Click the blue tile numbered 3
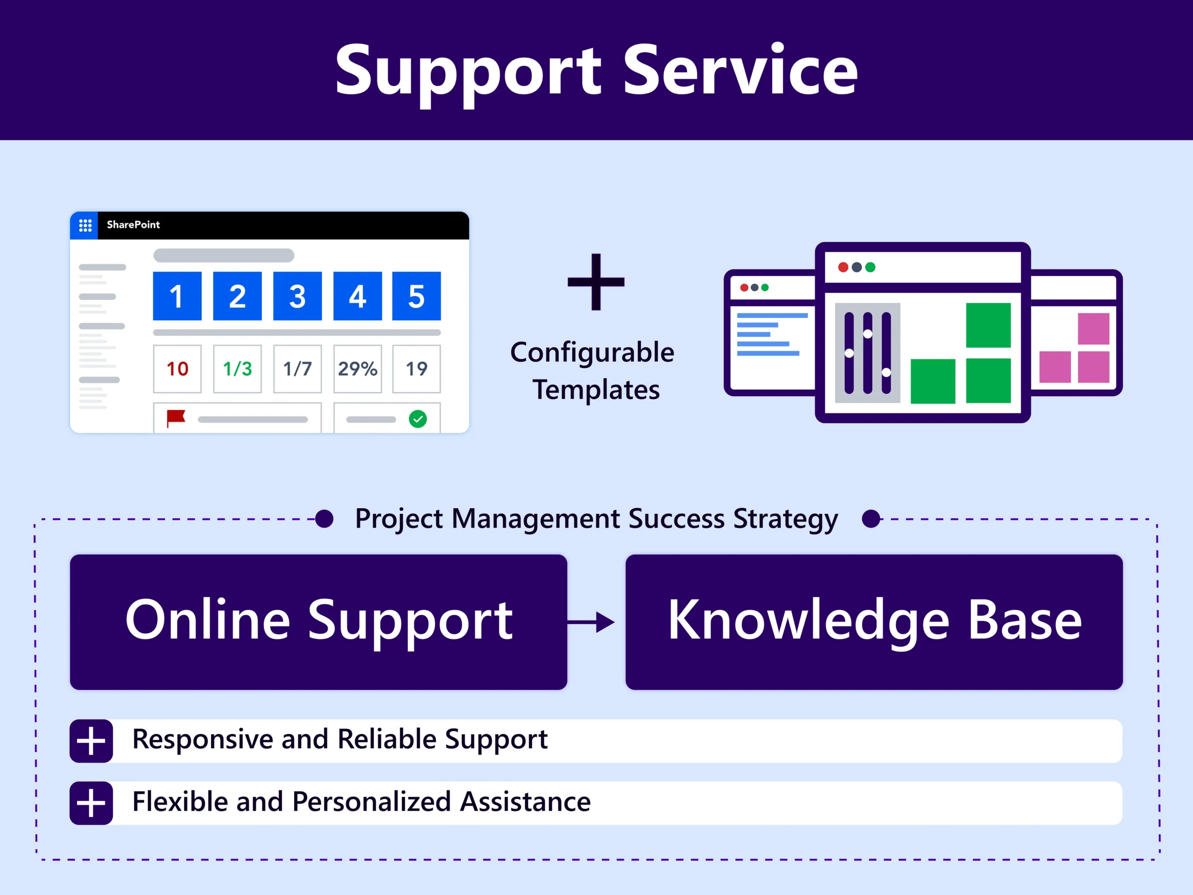pos(297,296)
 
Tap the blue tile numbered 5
pos(416,296)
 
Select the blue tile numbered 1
pos(177,296)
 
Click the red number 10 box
pos(177,369)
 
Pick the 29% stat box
pos(357,369)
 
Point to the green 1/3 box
pos(237,369)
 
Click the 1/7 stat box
pos(297,369)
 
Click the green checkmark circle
pos(418,419)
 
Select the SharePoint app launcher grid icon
pos(85,226)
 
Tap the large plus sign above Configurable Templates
pos(596,282)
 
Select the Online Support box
pos(318,622)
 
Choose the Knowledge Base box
pos(874,622)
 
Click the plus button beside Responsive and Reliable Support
pos(91,741)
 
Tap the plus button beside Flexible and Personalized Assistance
pos(91,803)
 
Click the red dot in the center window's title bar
pos(843,267)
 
